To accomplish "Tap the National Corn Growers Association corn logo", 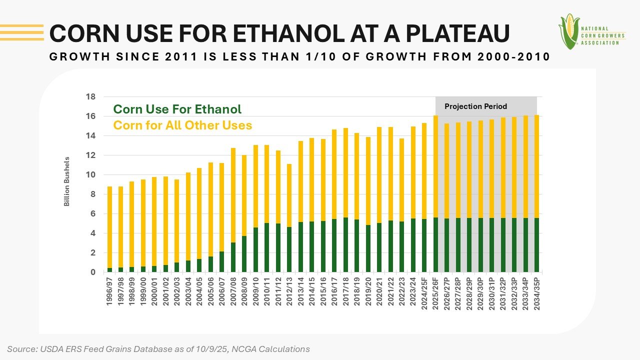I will [x=568, y=31].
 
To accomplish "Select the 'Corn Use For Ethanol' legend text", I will [x=177, y=109].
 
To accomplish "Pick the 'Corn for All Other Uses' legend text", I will [x=182, y=125].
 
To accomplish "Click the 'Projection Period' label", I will [x=475, y=106].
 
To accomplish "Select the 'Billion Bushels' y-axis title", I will [x=66, y=181].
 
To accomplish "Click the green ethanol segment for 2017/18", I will [x=345, y=245].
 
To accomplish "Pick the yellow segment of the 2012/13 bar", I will [x=289, y=195].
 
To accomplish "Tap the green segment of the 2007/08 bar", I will [x=233, y=257].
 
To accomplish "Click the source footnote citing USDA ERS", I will [x=158, y=349].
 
